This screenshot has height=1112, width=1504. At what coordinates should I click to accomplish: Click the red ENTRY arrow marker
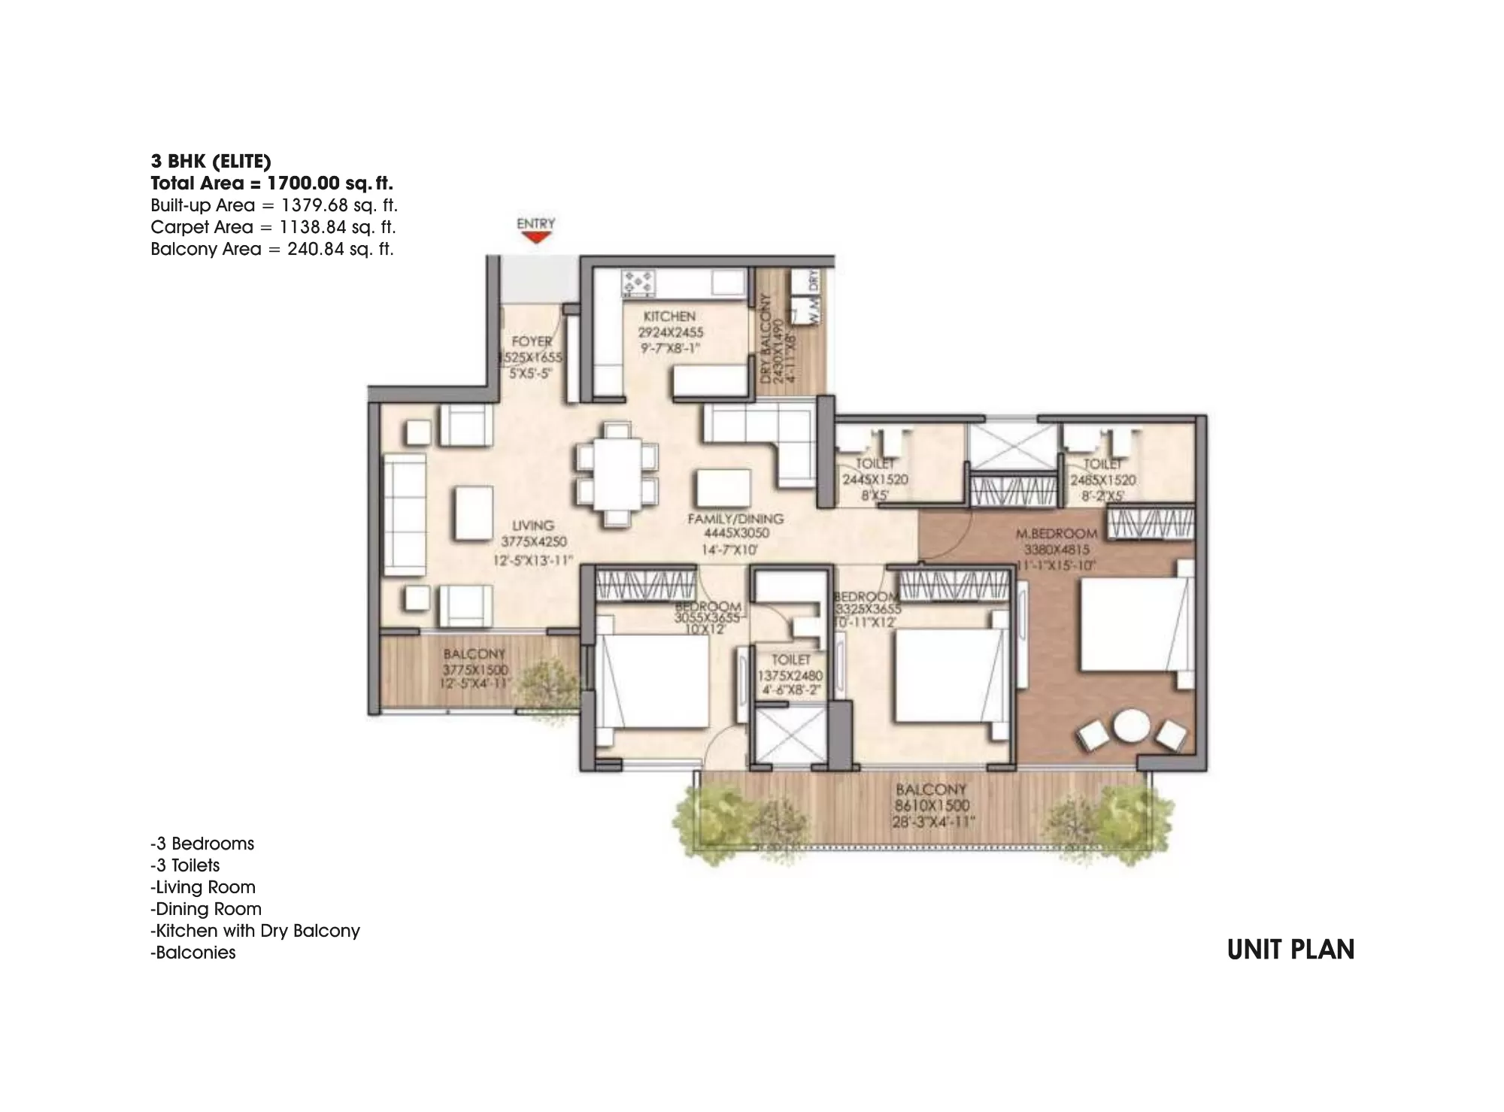535,238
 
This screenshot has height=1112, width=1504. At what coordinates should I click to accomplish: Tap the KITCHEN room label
669,317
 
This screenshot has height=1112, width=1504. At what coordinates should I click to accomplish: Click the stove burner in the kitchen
638,283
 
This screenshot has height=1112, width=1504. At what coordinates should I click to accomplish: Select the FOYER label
532,341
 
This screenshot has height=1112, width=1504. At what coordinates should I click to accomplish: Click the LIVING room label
533,526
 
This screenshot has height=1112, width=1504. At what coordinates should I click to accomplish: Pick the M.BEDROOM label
1056,534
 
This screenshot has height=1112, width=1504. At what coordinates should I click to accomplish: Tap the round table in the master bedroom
1131,728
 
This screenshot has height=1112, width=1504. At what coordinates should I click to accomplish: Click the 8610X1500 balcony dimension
932,805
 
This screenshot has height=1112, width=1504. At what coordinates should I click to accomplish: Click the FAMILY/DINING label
735,519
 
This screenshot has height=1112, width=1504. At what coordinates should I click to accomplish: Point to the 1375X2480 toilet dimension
790,675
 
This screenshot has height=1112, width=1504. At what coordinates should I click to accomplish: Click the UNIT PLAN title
1290,950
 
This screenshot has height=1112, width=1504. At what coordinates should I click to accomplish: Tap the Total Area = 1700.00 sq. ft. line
271,183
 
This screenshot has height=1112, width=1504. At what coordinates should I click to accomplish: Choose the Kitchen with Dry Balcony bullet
256,931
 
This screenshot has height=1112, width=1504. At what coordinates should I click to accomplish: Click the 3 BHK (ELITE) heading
211,161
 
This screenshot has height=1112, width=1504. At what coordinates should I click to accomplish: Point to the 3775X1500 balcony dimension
475,669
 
